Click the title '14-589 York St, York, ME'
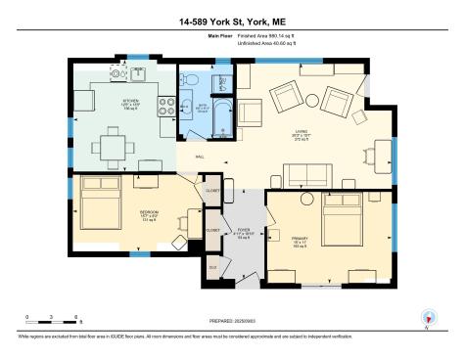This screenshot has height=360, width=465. click(232, 20)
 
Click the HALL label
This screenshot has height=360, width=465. click(200, 157)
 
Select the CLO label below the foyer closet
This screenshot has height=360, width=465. click(212, 266)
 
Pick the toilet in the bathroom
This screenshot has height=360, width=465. click(222, 84)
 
